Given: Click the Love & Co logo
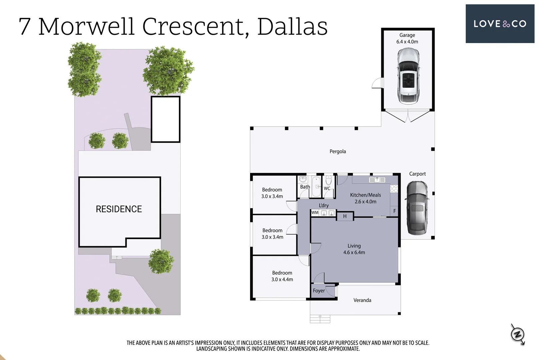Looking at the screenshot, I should point(500,24).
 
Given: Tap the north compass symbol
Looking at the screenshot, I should point(518,334).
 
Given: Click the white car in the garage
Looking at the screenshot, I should point(408,76).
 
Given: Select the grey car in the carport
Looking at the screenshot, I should point(417,208).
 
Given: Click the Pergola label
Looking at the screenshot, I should point(338,151).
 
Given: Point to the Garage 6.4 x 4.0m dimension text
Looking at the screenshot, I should point(407,42).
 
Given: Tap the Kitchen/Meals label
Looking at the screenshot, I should point(365,195).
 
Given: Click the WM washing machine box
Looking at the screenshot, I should point(315,213).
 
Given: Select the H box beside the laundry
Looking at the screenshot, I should point(345,216).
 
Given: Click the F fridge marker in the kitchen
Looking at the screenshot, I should point(394,211).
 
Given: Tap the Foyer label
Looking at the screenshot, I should point(319,291).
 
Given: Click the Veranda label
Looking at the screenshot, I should point(362,300).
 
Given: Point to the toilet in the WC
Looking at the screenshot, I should point(329,180).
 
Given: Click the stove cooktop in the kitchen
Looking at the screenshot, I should point(394,189).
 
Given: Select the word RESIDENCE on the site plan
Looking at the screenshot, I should point(119,209).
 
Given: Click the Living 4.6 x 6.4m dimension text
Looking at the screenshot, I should point(354,252).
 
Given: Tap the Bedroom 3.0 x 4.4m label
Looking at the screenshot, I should point(282,276).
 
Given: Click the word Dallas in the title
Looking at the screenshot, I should point(292,27).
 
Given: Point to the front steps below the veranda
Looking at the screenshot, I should point(320,319).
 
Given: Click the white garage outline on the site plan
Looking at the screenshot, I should point(165,119).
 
